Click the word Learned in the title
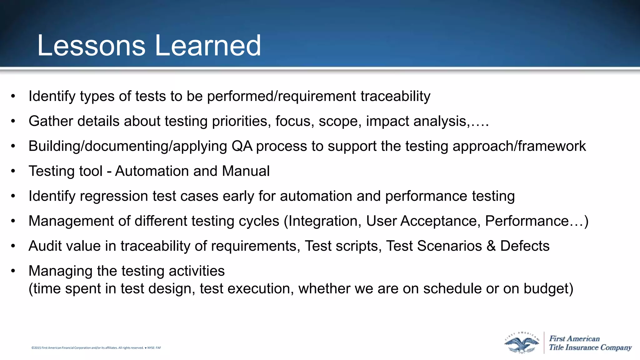click(208, 46)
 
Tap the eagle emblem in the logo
click(522, 343)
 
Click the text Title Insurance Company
click(590, 347)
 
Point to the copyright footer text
click(96, 348)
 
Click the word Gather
click(51, 121)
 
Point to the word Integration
click(322, 221)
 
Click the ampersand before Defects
click(491, 246)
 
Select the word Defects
click(525, 246)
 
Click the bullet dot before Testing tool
click(13, 171)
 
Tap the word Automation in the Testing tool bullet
click(152, 171)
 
